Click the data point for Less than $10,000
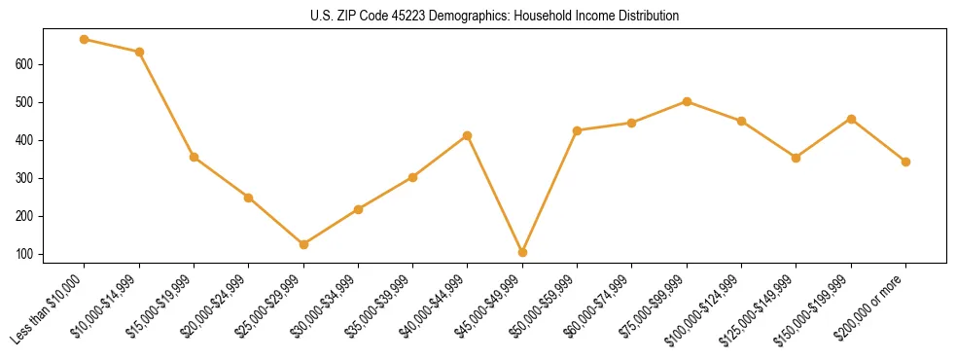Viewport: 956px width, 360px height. pos(85,40)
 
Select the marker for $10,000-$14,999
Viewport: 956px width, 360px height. pos(139,52)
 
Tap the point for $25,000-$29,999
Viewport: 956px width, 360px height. pos(303,244)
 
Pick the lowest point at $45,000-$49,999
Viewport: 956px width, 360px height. pos(522,252)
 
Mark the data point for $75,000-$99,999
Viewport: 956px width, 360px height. pos(687,101)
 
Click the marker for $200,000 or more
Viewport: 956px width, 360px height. pos(905,162)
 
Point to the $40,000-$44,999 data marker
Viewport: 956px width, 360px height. pos(468,135)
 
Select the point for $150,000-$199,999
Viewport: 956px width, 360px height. pos(851,119)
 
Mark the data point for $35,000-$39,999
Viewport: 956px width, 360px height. pos(412,177)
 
